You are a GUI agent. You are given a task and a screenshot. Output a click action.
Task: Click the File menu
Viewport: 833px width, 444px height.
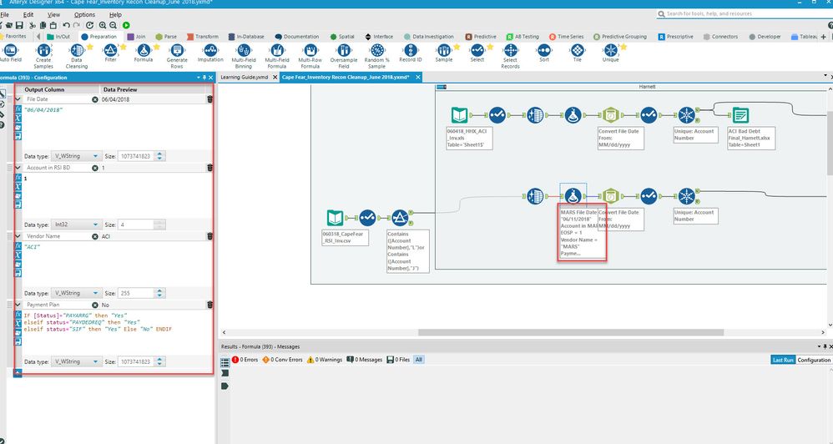pyautogui.click(x=6, y=14)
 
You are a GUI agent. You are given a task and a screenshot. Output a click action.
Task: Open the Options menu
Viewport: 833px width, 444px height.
pyautogui.click(x=84, y=14)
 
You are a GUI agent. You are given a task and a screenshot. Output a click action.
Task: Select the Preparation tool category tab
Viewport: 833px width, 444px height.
pyautogui.click(x=103, y=37)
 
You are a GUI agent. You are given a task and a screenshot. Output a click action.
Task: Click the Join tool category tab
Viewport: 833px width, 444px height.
pyautogui.click(x=139, y=37)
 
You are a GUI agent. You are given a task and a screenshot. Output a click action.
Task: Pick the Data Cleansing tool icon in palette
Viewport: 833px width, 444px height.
pyautogui.click(x=77, y=55)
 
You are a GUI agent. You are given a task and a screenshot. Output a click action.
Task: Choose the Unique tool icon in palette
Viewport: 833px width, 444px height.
pyautogui.click(x=610, y=55)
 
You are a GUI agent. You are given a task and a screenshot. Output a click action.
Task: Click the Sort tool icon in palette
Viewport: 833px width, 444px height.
pyautogui.click(x=543, y=55)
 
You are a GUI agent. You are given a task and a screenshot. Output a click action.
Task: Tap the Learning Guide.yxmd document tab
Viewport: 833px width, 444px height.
pyautogui.click(x=244, y=77)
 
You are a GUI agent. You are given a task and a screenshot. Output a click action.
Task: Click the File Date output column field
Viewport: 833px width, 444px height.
pyautogui.click(x=58, y=99)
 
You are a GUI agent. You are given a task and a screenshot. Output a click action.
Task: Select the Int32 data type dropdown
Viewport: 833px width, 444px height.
pyautogui.click(x=74, y=225)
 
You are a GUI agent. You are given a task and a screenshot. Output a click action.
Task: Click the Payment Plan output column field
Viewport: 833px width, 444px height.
pyautogui.click(x=58, y=305)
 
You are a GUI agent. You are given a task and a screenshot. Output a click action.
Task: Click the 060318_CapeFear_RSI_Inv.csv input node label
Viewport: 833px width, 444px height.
pyautogui.click(x=343, y=239)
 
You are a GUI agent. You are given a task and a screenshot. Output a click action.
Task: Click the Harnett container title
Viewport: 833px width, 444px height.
pyautogui.click(x=647, y=86)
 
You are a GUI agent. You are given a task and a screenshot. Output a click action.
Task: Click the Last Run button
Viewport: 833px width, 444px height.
pyautogui.click(x=782, y=360)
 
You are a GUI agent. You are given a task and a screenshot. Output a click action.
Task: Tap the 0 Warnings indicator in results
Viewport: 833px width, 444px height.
pyautogui.click(x=326, y=360)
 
